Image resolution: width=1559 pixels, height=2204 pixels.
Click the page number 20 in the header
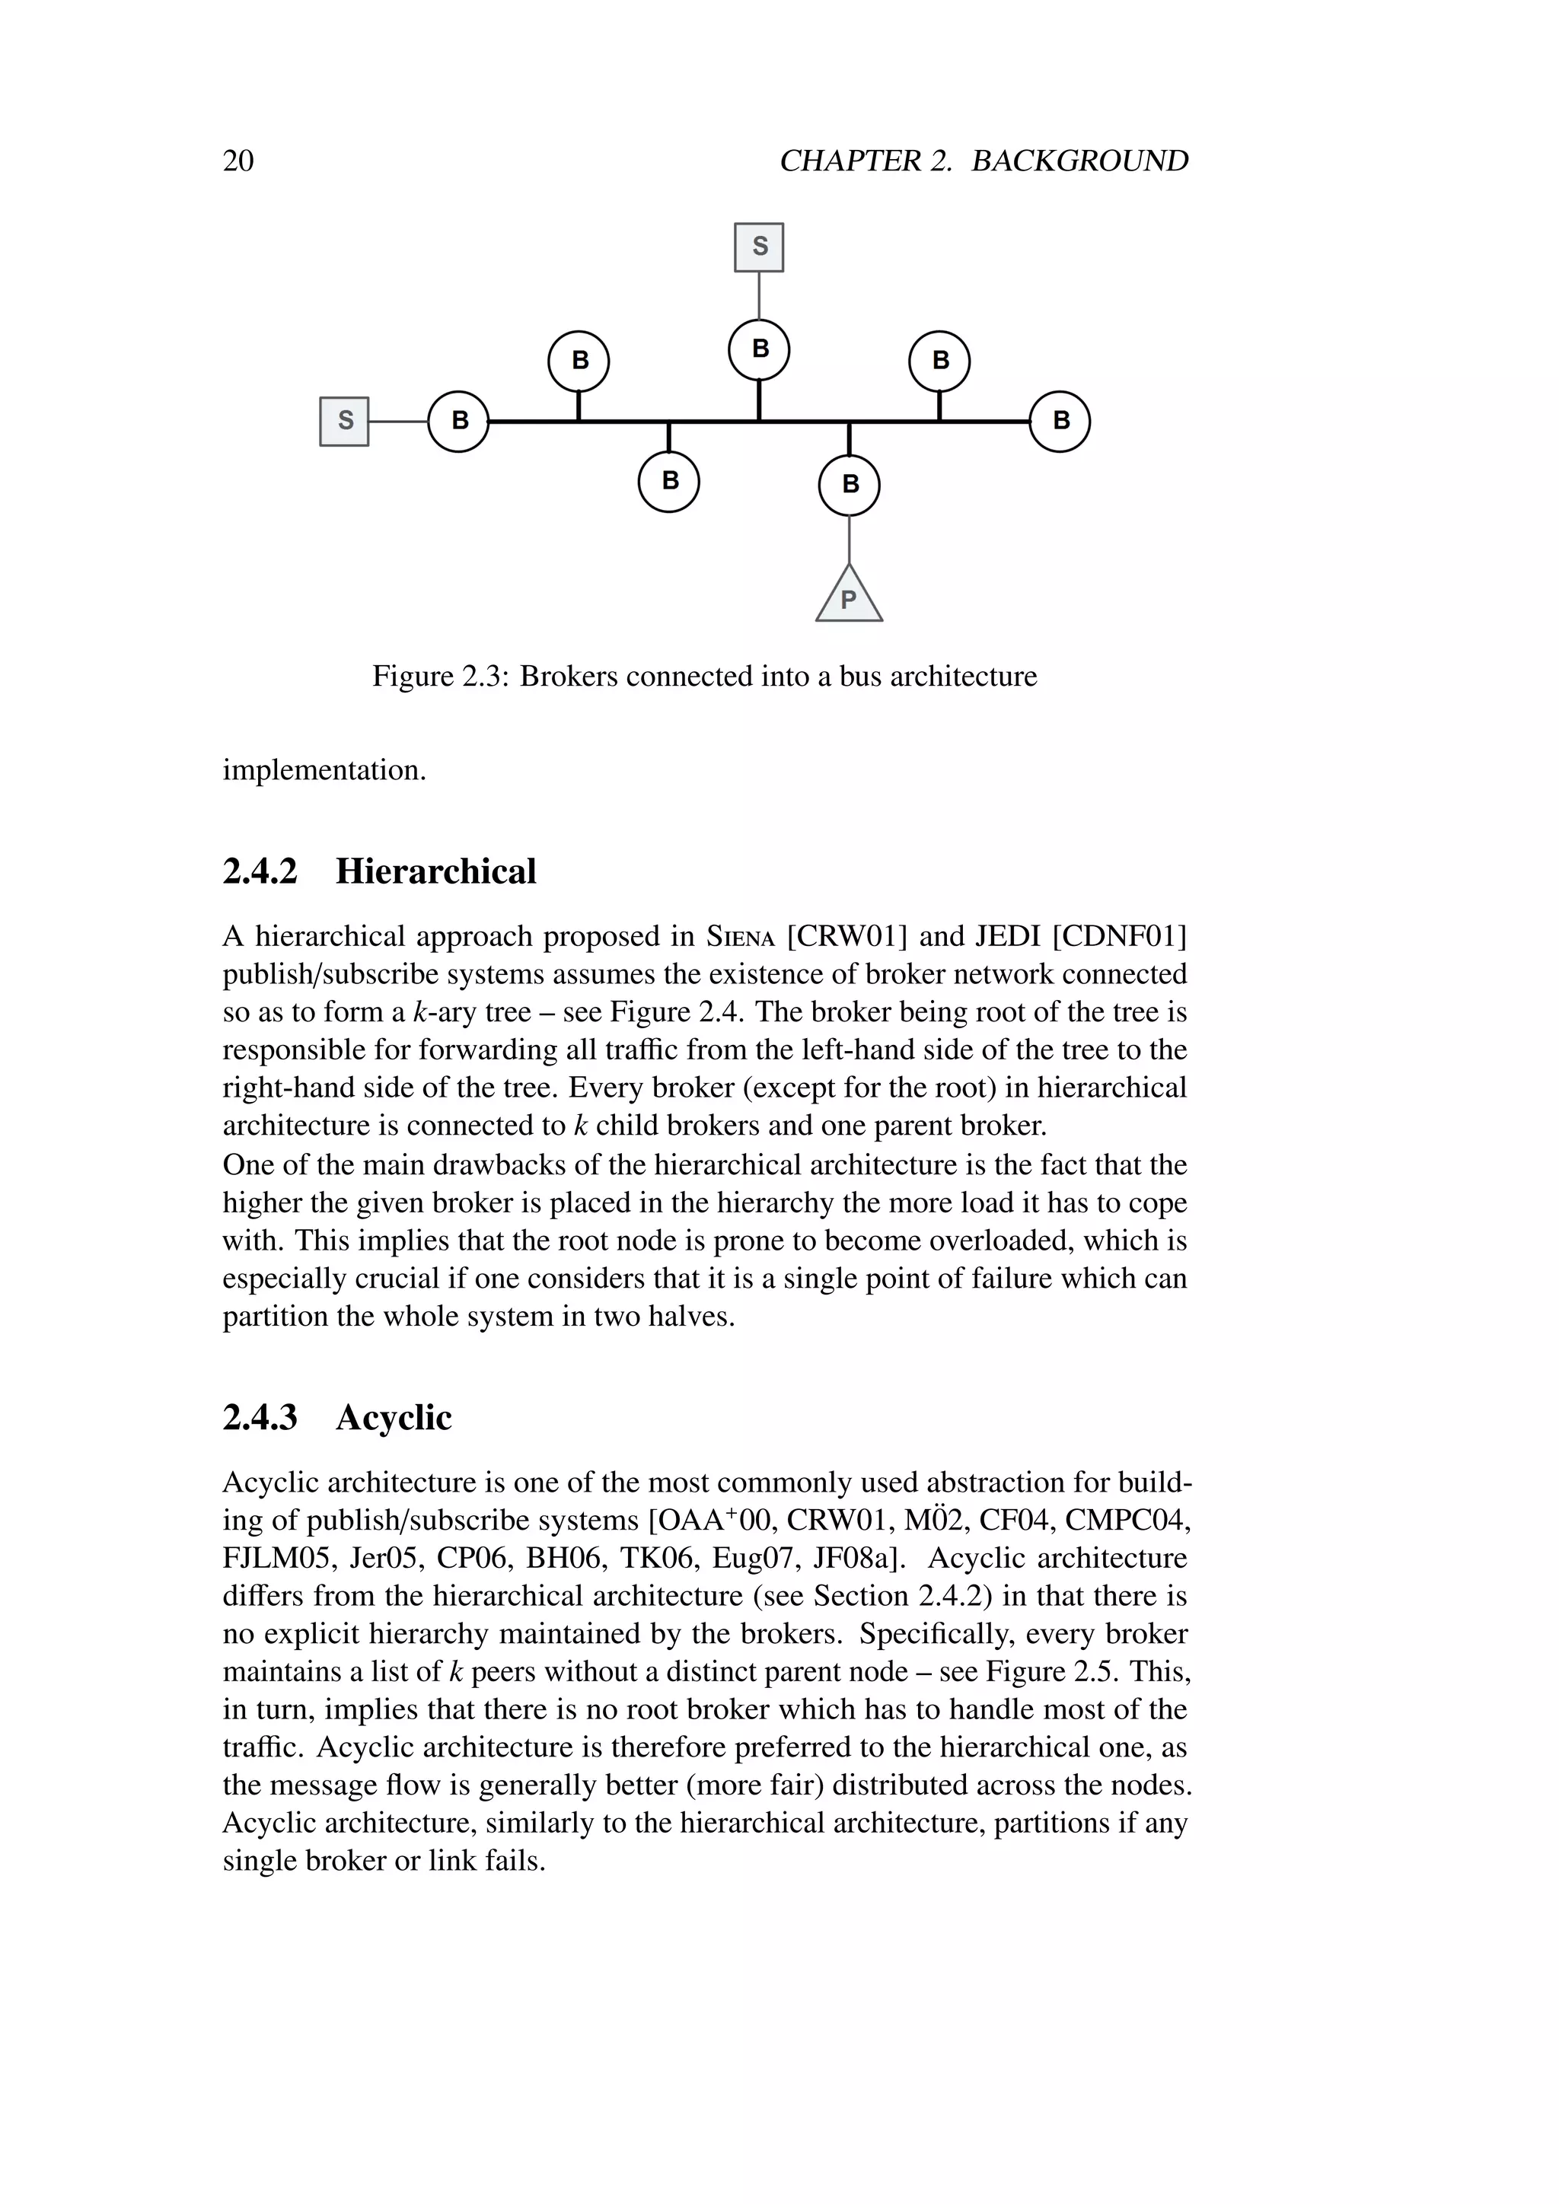[x=238, y=161]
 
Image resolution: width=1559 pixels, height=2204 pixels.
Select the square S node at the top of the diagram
[x=758, y=247]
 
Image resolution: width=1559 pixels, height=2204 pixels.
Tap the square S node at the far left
[x=343, y=420]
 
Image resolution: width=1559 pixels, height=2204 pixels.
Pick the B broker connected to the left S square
[x=459, y=420]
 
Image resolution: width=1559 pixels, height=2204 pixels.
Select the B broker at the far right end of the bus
[x=1060, y=420]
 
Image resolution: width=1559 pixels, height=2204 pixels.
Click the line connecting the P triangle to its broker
[x=849, y=539]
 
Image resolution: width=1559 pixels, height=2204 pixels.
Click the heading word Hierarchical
[x=436, y=871]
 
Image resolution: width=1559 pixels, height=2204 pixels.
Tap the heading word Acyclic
[x=394, y=1418]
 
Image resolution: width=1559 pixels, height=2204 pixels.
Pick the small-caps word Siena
[x=740, y=937]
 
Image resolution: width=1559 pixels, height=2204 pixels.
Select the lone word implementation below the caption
[x=324, y=770]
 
